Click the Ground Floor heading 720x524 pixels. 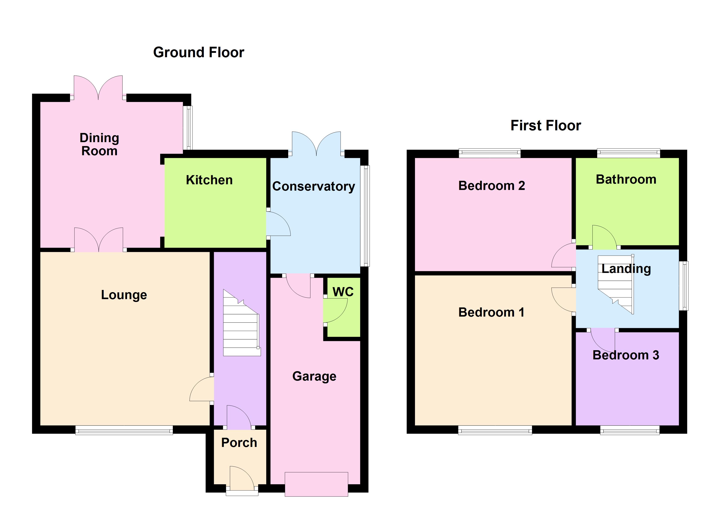tap(199, 52)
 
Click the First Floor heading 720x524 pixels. tap(545, 126)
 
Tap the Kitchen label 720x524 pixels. tap(209, 180)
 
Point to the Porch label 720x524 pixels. tap(239, 443)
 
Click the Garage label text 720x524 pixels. tap(314, 376)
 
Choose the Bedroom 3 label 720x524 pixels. tap(625, 355)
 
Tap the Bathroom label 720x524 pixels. tap(626, 179)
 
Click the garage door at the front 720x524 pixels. tap(316, 484)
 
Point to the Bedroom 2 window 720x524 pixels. tap(490, 153)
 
